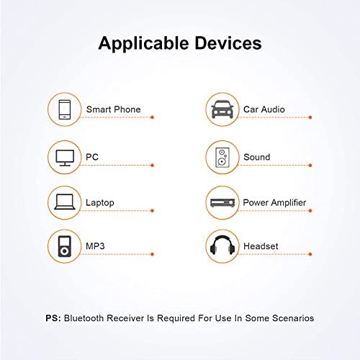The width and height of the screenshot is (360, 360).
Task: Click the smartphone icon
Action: (x=65, y=109)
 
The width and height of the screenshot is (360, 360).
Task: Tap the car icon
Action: (x=222, y=109)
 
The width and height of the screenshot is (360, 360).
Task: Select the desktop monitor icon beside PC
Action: (x=65, y=158)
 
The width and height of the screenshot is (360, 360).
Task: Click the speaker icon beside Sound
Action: (x=222, y=158)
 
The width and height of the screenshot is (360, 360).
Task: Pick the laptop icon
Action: (x=65, y=202)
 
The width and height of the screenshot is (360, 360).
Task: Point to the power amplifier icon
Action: (x=222, y=203)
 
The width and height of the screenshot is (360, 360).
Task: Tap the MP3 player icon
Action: (x=65, y=246)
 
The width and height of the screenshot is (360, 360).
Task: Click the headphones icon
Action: (x=222, y=245)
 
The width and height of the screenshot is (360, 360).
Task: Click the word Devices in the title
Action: (x=228, y=43)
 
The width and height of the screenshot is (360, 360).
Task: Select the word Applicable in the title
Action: (x=143, y=44)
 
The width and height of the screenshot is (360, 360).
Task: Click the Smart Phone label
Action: (x=113, y=109)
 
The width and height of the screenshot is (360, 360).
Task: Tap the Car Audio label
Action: (x=264, y=109)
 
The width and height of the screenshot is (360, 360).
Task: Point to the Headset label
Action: (x=261, y=246)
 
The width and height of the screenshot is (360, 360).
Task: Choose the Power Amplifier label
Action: (x=274, y=203)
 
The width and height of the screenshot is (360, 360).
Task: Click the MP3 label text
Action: (x=95, y=246)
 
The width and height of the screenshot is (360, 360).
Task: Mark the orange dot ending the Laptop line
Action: (x=152, y=211)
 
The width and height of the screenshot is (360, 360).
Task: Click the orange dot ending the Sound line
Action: (x=310, y=166)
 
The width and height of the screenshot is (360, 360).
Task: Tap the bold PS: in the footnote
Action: (x=53, y=318)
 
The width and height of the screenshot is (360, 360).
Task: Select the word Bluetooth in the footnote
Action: (x=84, y=318)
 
